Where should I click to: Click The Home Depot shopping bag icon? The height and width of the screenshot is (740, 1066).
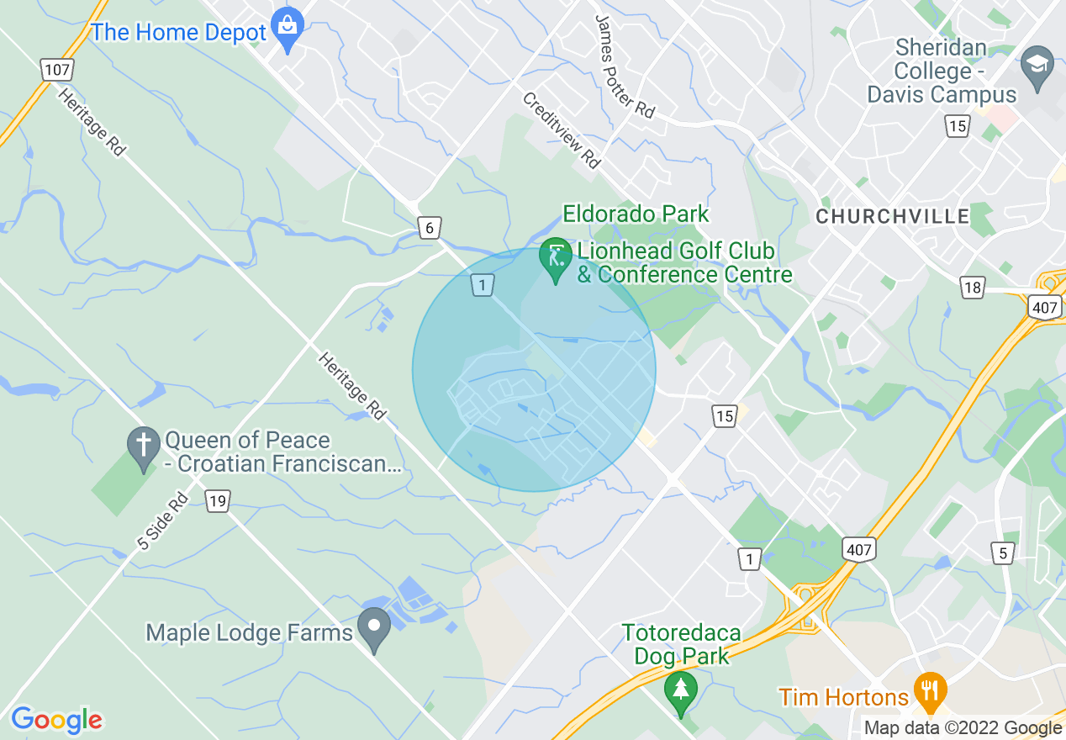[288, 28]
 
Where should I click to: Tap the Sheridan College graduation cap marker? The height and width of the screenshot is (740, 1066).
[1037, 66]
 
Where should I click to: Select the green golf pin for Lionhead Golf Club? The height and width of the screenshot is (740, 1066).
[555, 256]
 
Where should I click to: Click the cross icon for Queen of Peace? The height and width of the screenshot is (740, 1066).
[143, 446]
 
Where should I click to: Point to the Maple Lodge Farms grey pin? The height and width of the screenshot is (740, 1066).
[374, 627]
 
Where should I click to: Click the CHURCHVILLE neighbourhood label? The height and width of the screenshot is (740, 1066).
[893, 217]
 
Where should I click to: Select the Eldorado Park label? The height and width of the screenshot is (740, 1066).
[636, 214]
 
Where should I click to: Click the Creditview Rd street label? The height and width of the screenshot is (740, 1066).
[562, 130]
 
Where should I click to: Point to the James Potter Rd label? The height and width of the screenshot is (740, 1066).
[624, 66]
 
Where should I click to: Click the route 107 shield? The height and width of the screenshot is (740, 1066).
[56, 69]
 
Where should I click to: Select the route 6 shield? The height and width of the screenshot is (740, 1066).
[429, 227]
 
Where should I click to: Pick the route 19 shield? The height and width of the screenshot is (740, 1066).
[218, 502]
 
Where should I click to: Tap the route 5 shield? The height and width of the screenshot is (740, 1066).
[1001, 552]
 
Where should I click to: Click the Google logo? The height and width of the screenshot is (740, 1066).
[56, 720]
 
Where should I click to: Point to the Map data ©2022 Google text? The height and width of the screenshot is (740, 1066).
[963, 728]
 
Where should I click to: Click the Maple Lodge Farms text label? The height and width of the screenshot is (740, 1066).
[249, 632]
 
